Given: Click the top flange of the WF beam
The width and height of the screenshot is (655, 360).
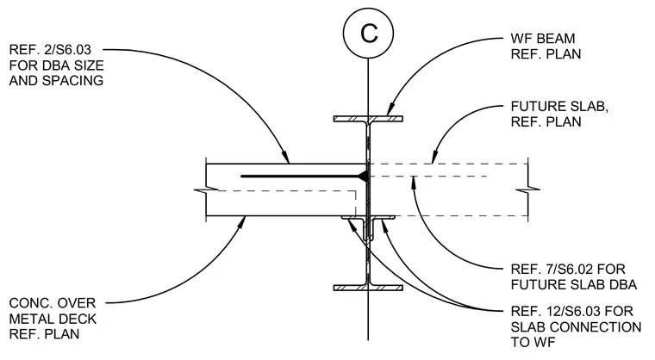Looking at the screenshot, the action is (x=368, y=119).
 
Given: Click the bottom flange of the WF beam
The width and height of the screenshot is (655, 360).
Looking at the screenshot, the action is (x=368, y=288).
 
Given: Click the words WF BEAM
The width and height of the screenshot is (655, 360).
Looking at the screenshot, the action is (x=543, y=39).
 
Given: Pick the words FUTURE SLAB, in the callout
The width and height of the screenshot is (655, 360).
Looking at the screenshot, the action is (x=559, y=106).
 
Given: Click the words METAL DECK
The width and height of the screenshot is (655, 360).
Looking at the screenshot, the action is (x=53, y=319).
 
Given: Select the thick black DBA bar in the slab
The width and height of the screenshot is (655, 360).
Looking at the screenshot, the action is (x=301, y=177).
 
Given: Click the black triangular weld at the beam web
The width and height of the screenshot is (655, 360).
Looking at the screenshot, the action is (x=364, y=177).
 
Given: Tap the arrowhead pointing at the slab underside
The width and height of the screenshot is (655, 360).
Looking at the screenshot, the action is (x=241, y=221).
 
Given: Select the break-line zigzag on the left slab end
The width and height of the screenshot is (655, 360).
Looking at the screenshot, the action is (x=206, y=190).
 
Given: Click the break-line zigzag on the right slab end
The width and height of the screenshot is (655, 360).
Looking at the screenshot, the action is (x=527, y=189).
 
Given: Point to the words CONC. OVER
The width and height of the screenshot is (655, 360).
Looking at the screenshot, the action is (x=53, y=303).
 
